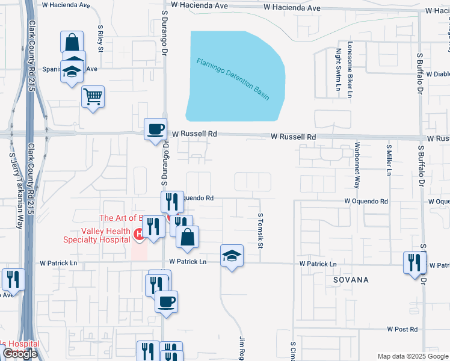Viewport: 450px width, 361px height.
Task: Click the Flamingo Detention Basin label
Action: [x=232, y=79]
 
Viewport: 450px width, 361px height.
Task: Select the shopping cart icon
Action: [x=93, y=96]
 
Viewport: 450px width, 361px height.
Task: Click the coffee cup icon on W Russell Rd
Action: [x=155, y=129]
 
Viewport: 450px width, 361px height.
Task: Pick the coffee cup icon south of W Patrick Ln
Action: [x=166, y=301]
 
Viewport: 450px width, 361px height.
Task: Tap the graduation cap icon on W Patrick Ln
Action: [x=232, y=256]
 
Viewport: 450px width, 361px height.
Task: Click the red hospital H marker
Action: [x=138, y=233]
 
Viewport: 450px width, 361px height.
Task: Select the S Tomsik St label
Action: [x=261, y=230]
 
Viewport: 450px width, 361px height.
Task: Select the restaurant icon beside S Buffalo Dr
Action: [x=414, y=262]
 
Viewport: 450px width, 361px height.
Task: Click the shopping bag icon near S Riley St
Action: [x=72, y=43]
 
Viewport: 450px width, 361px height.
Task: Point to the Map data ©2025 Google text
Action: [x=412, y=356]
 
